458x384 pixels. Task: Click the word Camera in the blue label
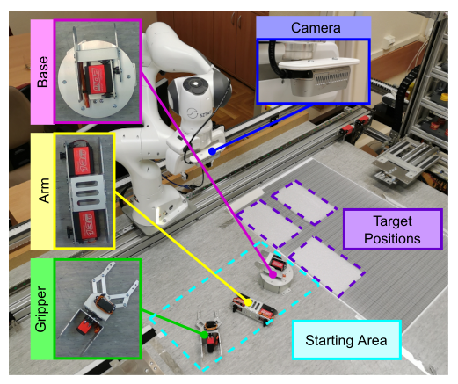point(316,28)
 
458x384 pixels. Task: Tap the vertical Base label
point(43,72)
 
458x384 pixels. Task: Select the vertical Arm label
point(44,191)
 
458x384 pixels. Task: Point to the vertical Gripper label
point(41,309)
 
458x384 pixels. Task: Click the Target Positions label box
point(392,229)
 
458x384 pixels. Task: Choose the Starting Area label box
point(346,340)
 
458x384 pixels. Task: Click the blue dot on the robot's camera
point(212,151)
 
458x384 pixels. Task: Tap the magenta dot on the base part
point(273,274)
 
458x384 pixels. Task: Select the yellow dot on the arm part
point(248,302)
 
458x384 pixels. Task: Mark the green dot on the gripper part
point(204,335)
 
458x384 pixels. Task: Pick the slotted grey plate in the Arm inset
point(86,192)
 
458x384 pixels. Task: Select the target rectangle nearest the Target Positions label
point(327,266)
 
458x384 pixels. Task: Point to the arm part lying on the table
point(254,310)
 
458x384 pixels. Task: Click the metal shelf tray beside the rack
point(406,162)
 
